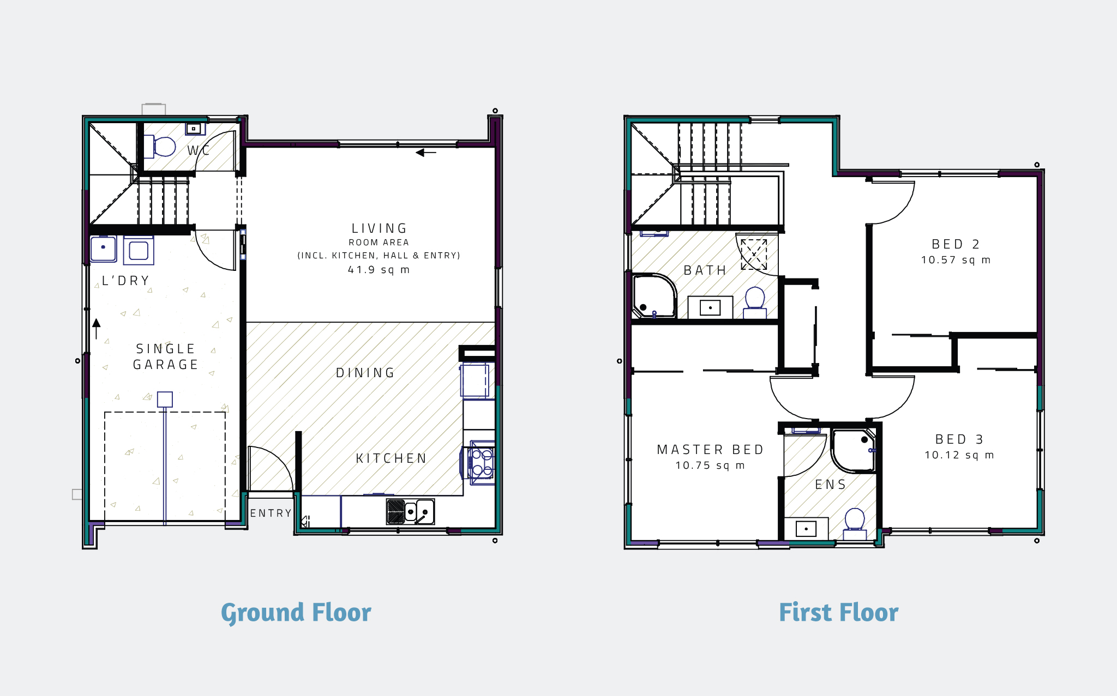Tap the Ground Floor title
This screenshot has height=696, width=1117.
pos(296,613)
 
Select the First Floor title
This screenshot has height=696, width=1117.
pos(838,613)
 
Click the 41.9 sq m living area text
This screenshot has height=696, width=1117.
pos(379,270)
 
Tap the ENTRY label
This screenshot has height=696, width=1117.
pos(271,513)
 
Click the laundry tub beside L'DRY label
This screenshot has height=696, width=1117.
pos(104,249)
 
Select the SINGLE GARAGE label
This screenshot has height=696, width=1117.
pos(166,356)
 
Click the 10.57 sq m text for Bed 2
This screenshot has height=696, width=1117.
pos(956,260)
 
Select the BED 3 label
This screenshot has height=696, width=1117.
pos(959,439)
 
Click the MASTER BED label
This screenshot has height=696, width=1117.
pos(710,450)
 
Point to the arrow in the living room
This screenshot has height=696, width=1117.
pos(425,153)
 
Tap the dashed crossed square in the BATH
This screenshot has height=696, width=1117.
pos(754,254)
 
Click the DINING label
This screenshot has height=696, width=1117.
pos(365,373)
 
